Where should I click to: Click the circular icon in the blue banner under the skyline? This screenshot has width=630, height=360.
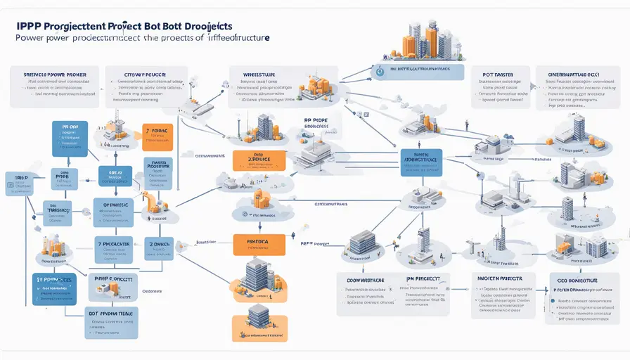tap(379, 70)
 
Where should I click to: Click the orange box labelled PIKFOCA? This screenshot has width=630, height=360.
tap(258, 244)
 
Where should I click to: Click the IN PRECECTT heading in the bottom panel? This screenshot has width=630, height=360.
tap(427, 279)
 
